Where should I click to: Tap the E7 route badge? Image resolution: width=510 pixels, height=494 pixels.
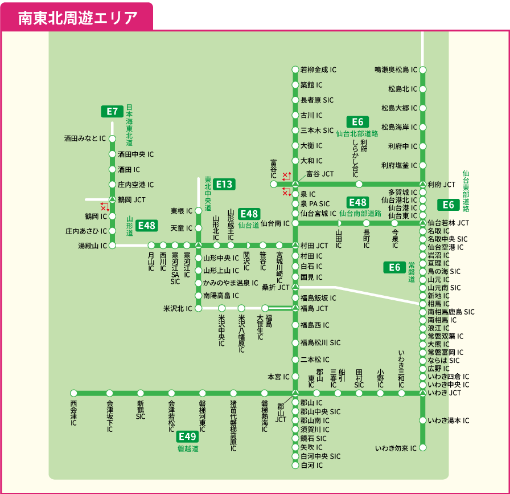pyautogui.click(x=112, y=112)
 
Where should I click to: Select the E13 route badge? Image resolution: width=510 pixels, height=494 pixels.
pyautogui.click(x=224, y=184)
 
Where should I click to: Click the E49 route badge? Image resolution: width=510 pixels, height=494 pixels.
pyautogui.click(x=187, y=436)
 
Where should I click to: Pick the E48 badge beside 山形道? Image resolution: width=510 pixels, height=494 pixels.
pyautogui.click(x=146, y=226)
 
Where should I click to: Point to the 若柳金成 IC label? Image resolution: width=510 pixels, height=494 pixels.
pyautogui.click(x=318, y=70)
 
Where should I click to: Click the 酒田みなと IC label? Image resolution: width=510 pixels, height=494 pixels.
pyautogui.click(x=85, y=138)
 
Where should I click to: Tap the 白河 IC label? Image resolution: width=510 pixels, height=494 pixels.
pyautogui.click(x=311, y=466)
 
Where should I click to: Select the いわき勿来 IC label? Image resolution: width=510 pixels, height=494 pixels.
pyautogui.click(x=396, y=448)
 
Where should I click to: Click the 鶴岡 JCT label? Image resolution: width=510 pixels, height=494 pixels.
pyautogui.click(x=131, y=200)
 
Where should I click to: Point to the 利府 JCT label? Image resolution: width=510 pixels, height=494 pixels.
pyautogui.click(x=441, y=185)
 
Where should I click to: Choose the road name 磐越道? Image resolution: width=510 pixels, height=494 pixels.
pyautogui.click(x=188, y=449)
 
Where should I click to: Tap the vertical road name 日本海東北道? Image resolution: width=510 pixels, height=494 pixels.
pyautogui.click(x=129, y=125)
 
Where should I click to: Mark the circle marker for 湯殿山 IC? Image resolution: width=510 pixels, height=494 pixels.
pyautogui.click(x=112, y=246)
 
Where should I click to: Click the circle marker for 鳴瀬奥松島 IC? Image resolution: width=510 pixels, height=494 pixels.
pyautogui.click(x=423, y=70)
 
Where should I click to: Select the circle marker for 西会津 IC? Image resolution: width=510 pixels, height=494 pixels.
pyautogui.click(x=73, y=393)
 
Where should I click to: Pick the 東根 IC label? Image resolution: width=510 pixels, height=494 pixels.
pyautogui.click(x=182, y=211)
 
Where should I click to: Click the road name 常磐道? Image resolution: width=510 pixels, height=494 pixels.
pyautogui.click(x=411, y=272)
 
